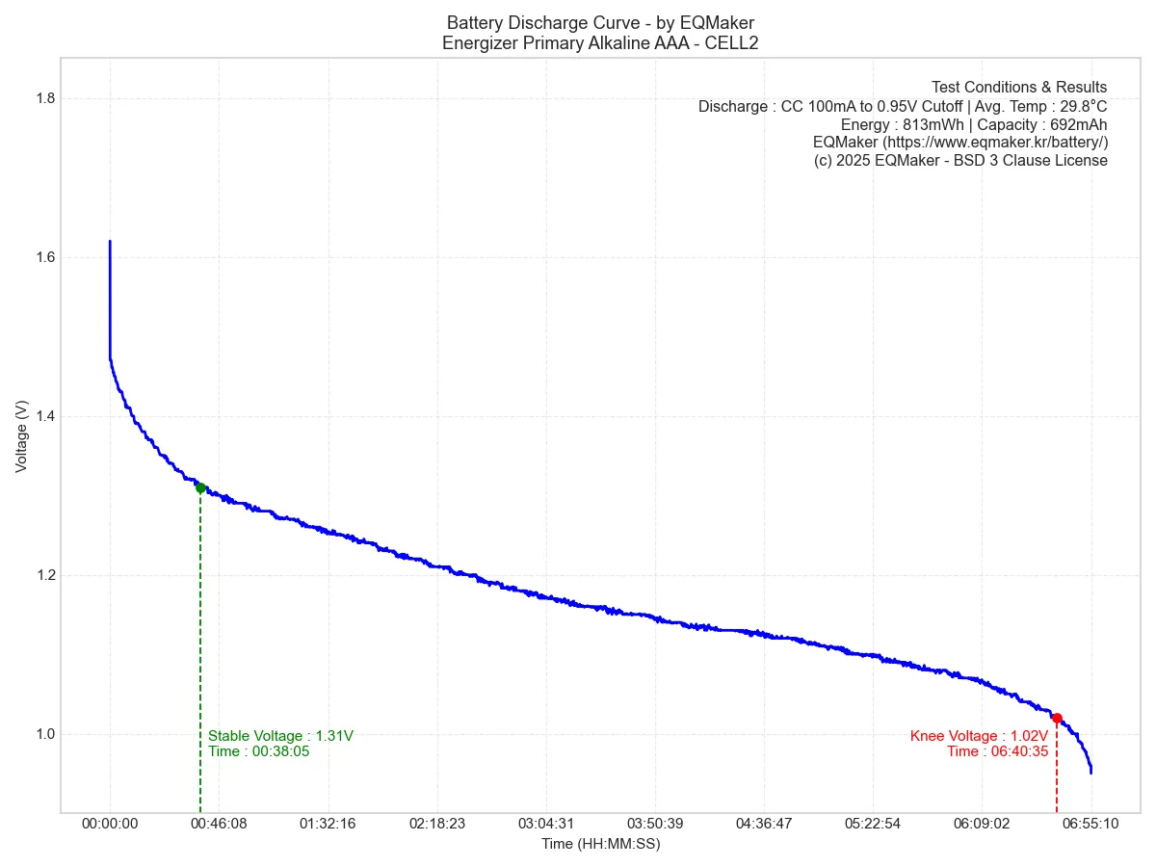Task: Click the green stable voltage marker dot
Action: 200,487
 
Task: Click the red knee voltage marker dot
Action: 1057,719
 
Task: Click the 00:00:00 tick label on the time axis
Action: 110,825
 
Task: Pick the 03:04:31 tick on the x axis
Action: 545,825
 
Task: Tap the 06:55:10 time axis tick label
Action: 1090,825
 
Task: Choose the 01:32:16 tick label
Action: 328,825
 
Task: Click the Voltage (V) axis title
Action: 22,436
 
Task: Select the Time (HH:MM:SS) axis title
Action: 600,845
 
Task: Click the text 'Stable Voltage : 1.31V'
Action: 280,736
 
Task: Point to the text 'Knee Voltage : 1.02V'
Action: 979,736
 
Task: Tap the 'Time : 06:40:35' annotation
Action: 997,751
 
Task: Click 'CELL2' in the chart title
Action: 734,42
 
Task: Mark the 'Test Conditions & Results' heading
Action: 1018,88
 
